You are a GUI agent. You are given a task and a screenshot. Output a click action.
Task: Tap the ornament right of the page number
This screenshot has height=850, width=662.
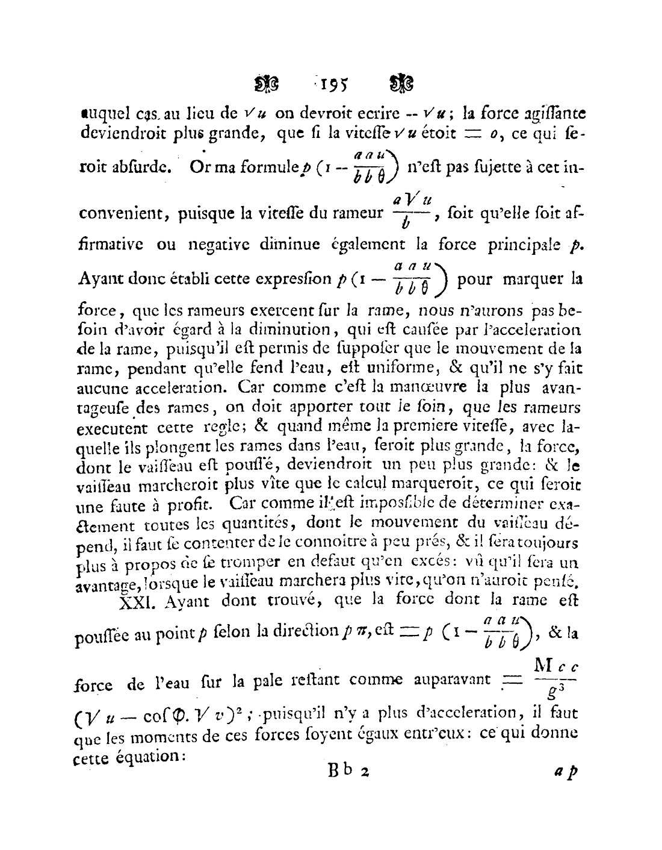[x=401, y=84]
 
